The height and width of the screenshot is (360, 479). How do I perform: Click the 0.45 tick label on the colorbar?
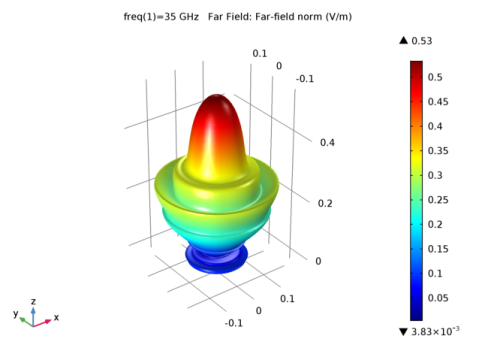tap(438, 102)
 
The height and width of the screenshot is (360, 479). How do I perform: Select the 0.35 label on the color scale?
tap(438, 151)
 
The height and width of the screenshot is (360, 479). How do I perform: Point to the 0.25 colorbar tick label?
tap(438, 200)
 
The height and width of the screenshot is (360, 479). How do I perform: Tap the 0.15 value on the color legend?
tap(438, 249)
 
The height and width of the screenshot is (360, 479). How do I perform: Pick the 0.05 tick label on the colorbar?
tap(438, 298)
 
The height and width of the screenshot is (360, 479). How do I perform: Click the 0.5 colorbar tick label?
tap(435, 77)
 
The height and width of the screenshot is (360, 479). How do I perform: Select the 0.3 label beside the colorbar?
tap(435, 175)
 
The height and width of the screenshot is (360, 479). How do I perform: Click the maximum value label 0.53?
tap(422, 41)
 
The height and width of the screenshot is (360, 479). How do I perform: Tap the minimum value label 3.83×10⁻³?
tap(435, 331)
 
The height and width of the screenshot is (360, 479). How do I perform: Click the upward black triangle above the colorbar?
tap(403, 40)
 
